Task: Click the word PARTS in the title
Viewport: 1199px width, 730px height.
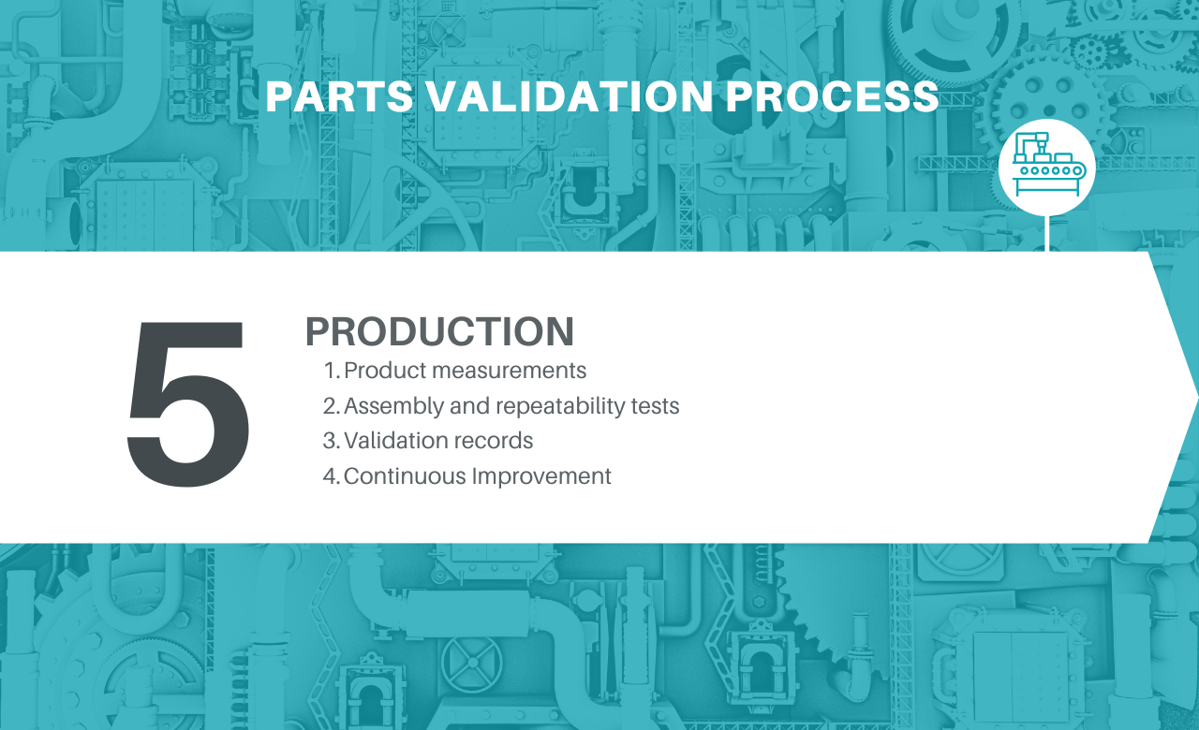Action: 340,96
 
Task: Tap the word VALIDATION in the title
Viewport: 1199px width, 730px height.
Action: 570,96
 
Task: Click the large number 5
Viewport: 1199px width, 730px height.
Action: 188,403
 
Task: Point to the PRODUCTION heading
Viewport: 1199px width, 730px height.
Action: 439,331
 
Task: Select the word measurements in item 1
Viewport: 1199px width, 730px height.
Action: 509,371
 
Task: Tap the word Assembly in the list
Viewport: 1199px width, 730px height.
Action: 393,406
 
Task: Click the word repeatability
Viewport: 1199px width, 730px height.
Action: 560,406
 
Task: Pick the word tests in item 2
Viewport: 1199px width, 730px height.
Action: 655,406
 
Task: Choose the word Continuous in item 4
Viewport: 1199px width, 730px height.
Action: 405,476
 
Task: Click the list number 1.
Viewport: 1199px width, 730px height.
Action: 332,371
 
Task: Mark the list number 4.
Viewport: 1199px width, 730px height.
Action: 332,476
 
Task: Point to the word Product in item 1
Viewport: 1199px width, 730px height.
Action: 385,371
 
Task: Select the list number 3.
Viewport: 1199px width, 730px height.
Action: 332,441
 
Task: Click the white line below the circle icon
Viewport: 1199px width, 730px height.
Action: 1046,233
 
